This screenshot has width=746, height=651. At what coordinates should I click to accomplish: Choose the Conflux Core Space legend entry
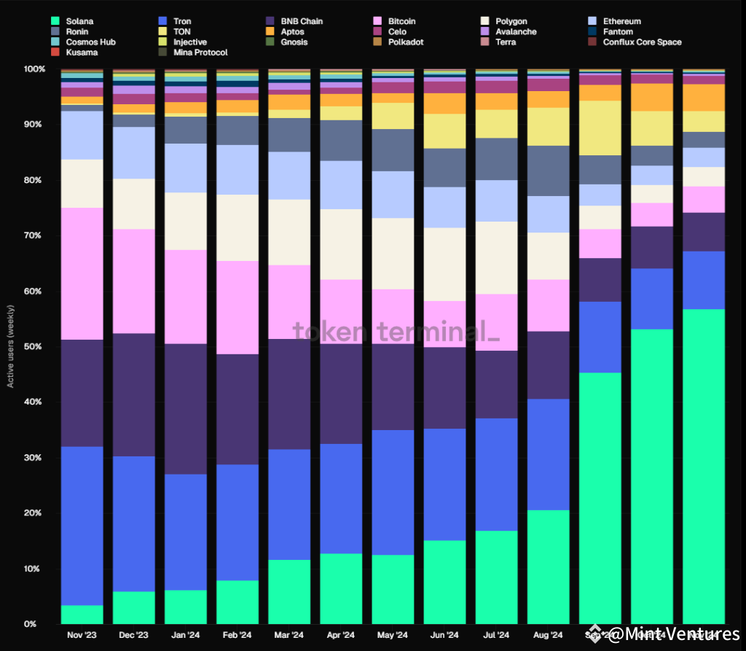click(642, 42)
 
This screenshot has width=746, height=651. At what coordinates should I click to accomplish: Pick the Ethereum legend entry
click(621, 21)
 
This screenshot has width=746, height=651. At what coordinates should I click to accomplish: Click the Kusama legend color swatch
click(55, 52)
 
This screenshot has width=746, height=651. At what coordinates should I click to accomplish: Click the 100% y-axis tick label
click(34, 69)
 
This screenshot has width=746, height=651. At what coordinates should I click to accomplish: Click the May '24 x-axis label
click(393, 635)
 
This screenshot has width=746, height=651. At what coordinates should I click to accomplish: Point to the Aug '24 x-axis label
click(548, 635)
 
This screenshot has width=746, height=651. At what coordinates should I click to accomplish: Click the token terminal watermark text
click(396, 332)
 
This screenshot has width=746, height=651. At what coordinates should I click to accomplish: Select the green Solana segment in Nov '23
click(82, 615)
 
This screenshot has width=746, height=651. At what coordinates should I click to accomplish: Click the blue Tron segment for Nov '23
click(82, 525)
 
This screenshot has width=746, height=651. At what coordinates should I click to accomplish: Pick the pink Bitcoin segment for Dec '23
click(133, 281)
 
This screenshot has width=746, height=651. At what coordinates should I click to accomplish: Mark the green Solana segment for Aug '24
click(549, 566)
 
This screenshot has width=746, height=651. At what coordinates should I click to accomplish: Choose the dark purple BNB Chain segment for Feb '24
click(237, 409)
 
